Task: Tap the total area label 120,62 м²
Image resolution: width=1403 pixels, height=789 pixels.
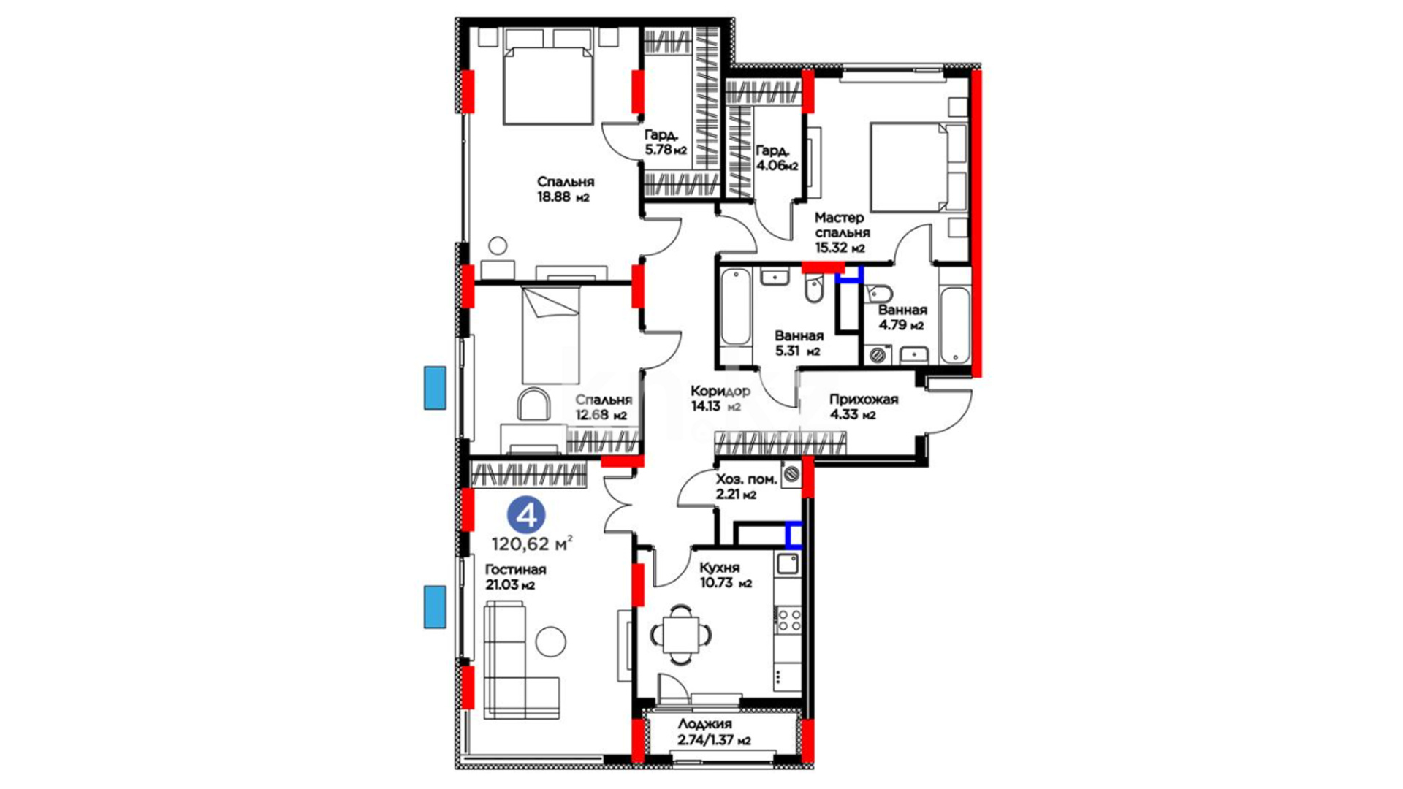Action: coord(532,544)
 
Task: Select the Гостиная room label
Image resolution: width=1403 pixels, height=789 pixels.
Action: coord(515,569)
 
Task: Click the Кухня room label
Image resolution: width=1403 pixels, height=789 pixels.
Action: coord(719,568)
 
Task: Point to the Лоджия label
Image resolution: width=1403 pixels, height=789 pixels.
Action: coord(704,724)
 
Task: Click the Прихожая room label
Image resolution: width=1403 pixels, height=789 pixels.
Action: coord(863,400)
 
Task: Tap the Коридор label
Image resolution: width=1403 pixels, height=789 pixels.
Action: coord(720,392)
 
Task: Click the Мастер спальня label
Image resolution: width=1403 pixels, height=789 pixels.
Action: coord(841,225)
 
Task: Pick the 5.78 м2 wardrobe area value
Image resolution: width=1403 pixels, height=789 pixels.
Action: coord(666,150)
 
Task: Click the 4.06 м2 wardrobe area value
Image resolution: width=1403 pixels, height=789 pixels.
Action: coord(777,166)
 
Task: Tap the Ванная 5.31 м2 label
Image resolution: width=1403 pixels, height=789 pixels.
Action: coord(799,343)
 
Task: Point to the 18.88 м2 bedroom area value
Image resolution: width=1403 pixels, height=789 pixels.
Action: coord(563,197)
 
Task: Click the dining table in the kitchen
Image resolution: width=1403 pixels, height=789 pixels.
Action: coord(681,634)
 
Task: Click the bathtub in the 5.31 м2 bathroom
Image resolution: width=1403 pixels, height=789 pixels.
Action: coord(736,306)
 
